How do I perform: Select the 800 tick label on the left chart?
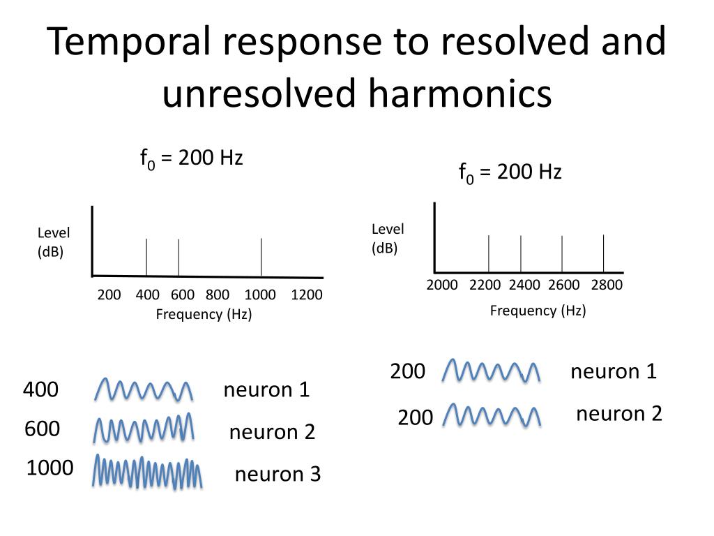click(x=218, y=295)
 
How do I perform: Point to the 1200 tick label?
click(x=307, y=295)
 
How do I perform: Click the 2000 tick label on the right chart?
click(x=442, y=285)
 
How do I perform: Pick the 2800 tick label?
click(x=606, y=285)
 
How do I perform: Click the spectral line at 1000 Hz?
click(x=261, y=257)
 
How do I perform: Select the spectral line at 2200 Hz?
click(x=489, y=253)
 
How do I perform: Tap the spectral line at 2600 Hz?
click(x=562, y=253)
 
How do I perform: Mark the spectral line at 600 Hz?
click(x=178, y=257)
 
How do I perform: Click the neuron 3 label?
click(x=278, y=475)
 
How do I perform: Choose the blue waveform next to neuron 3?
click(x=148, y=472)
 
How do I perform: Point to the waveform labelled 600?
click(x=144, y=429)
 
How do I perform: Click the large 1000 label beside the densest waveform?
click(x=50, y=468)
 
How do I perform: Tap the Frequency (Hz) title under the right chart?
click(x=538, y=311)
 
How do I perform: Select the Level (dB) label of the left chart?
click(x=54, y=242)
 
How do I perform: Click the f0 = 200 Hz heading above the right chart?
click(x=510, y=172)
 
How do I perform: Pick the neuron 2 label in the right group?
click(x=618, y=415)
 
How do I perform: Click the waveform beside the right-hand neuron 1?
click(x=492, y=371)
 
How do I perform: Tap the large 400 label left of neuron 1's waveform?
click(x=40, y=389)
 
